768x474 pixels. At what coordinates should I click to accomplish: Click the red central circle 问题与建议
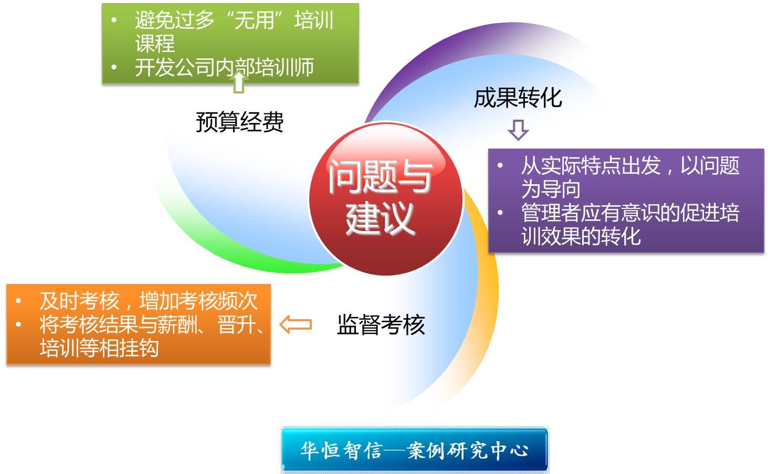386,199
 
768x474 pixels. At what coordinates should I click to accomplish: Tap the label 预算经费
240,122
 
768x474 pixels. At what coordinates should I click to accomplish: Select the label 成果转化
518,98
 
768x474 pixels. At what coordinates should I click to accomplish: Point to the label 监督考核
381,324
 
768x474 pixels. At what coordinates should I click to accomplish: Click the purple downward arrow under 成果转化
518,130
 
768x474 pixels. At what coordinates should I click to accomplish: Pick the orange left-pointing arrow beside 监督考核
296,324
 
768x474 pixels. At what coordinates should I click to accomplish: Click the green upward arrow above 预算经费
239,82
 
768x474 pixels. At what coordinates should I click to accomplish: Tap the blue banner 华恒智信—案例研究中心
415,450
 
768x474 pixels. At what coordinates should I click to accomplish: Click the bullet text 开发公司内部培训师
224,67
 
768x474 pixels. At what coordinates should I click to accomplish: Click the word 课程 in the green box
155,44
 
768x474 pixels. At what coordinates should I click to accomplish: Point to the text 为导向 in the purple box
551,189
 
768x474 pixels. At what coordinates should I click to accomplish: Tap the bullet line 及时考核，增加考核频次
149,301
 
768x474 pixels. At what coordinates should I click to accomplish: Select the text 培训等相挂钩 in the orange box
99,348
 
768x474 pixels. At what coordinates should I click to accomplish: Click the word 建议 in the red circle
380,218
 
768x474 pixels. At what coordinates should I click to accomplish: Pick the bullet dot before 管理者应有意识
500,213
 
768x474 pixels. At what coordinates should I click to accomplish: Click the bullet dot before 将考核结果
18,324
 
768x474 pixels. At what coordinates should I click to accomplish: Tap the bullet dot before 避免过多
114,20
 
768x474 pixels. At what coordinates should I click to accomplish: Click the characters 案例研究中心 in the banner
468,450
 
